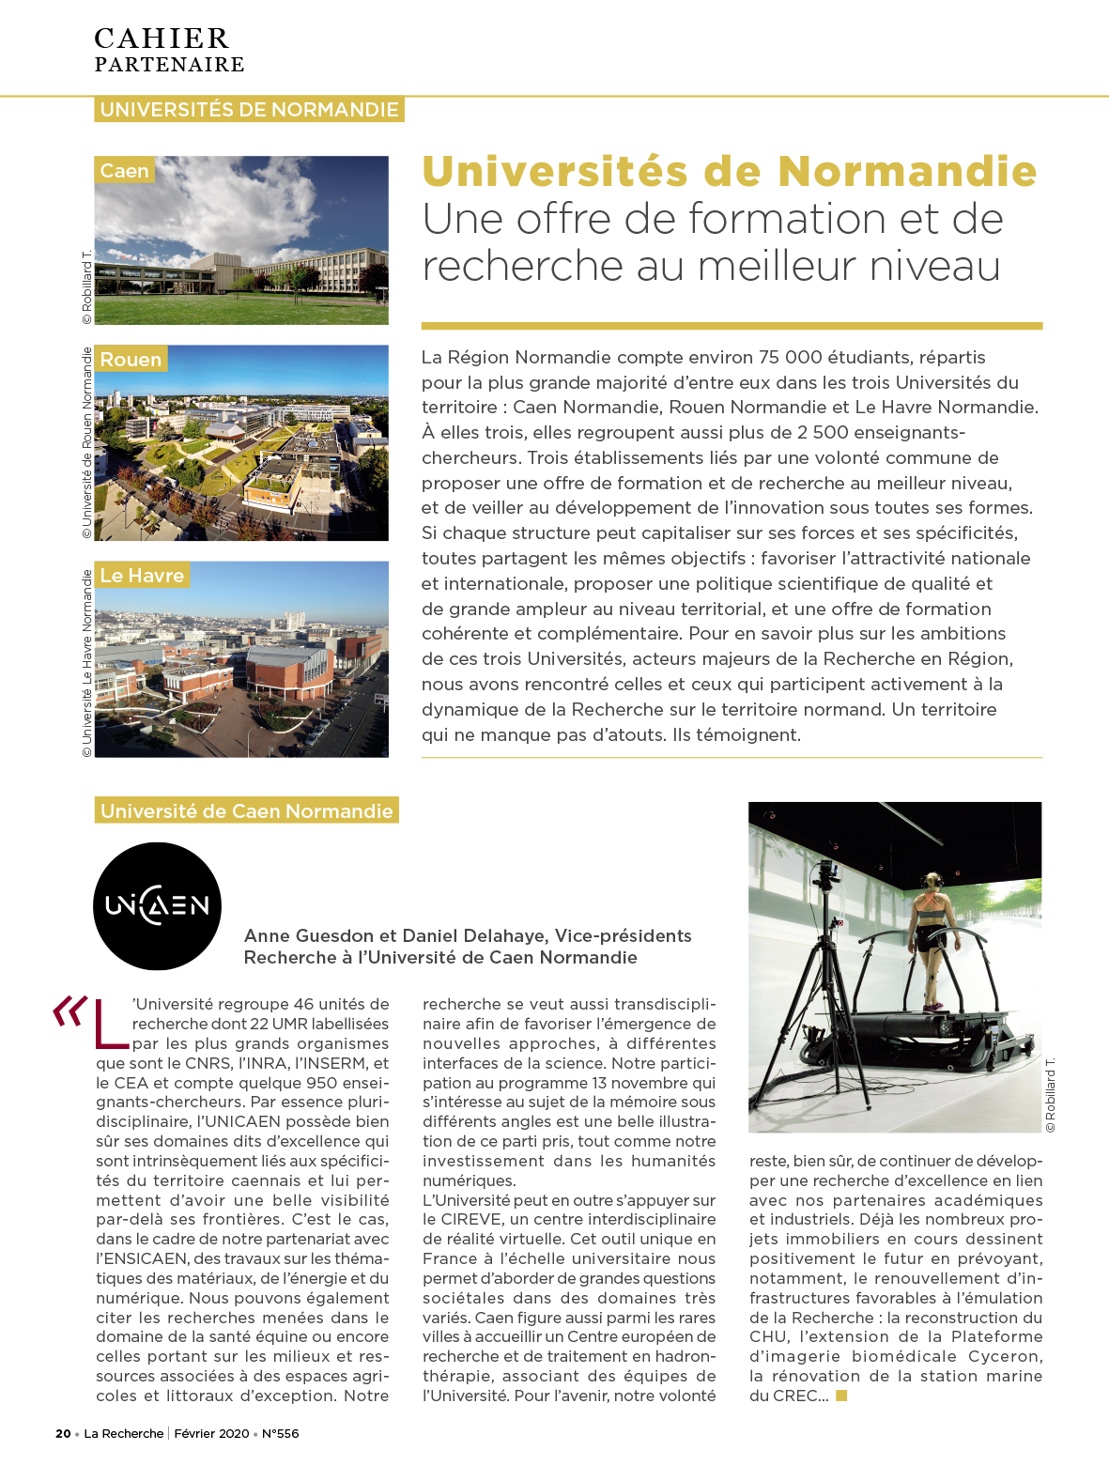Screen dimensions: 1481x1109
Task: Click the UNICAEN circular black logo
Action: pyautogui.click(x=157, y=905)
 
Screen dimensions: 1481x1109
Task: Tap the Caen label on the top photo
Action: pyautogui.click(x=124, y=171)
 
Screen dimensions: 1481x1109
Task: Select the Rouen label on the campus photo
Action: pyautogui.click(x=131, y=360)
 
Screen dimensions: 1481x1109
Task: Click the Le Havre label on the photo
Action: pyautogui.click(x=142, y=575)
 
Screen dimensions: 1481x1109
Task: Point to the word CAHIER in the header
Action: pyautogui.click(x=162, y=39)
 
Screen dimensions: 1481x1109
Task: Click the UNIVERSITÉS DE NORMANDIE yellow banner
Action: pyautogui.click(x=249, y=110)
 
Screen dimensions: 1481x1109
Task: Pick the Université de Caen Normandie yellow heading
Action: pyautogui.click(x=246, y=810)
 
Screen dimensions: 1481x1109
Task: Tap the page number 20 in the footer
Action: pyautogui.click(x=63, y=1433)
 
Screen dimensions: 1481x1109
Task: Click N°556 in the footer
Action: pyautogui.click(x=280, y=1433)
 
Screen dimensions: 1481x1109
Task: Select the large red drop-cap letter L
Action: pyautogui.click(x=111, y=1023)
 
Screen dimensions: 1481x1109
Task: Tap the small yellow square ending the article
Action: pyautogui.click(x=841, y=1396)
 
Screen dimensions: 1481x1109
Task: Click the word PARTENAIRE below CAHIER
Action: pyautogui.click(x=169, y=65)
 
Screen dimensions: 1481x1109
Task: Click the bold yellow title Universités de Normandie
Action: pyautogui.click(x=729, y=171)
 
